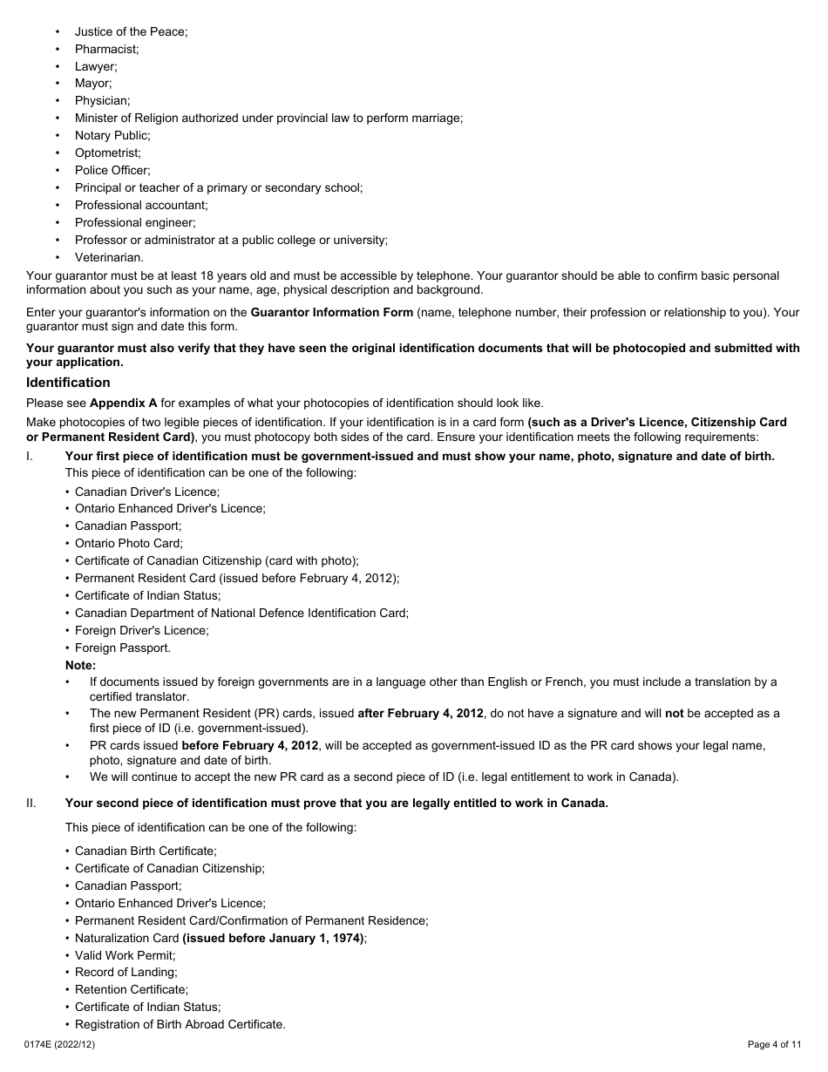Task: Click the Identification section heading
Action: click(68, 383)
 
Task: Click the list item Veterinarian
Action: click(109, 257)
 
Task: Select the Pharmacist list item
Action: click(106, 49)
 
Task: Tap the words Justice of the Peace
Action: click(131, 31)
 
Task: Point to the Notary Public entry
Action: click(112, 135)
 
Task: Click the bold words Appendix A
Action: click(123, 403)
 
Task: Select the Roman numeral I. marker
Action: click(30, 456)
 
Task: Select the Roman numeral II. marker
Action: click(31, 804)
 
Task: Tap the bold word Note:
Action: click(80, 665)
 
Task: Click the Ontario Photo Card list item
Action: click(128, 543)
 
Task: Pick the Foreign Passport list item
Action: click(122, 648)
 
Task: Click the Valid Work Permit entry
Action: click(125, 955)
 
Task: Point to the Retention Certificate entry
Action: click(131, 990)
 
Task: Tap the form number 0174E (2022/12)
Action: click(63, 1044)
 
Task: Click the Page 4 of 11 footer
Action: click(774, 1044)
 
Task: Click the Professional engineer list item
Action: click(135, 222)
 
